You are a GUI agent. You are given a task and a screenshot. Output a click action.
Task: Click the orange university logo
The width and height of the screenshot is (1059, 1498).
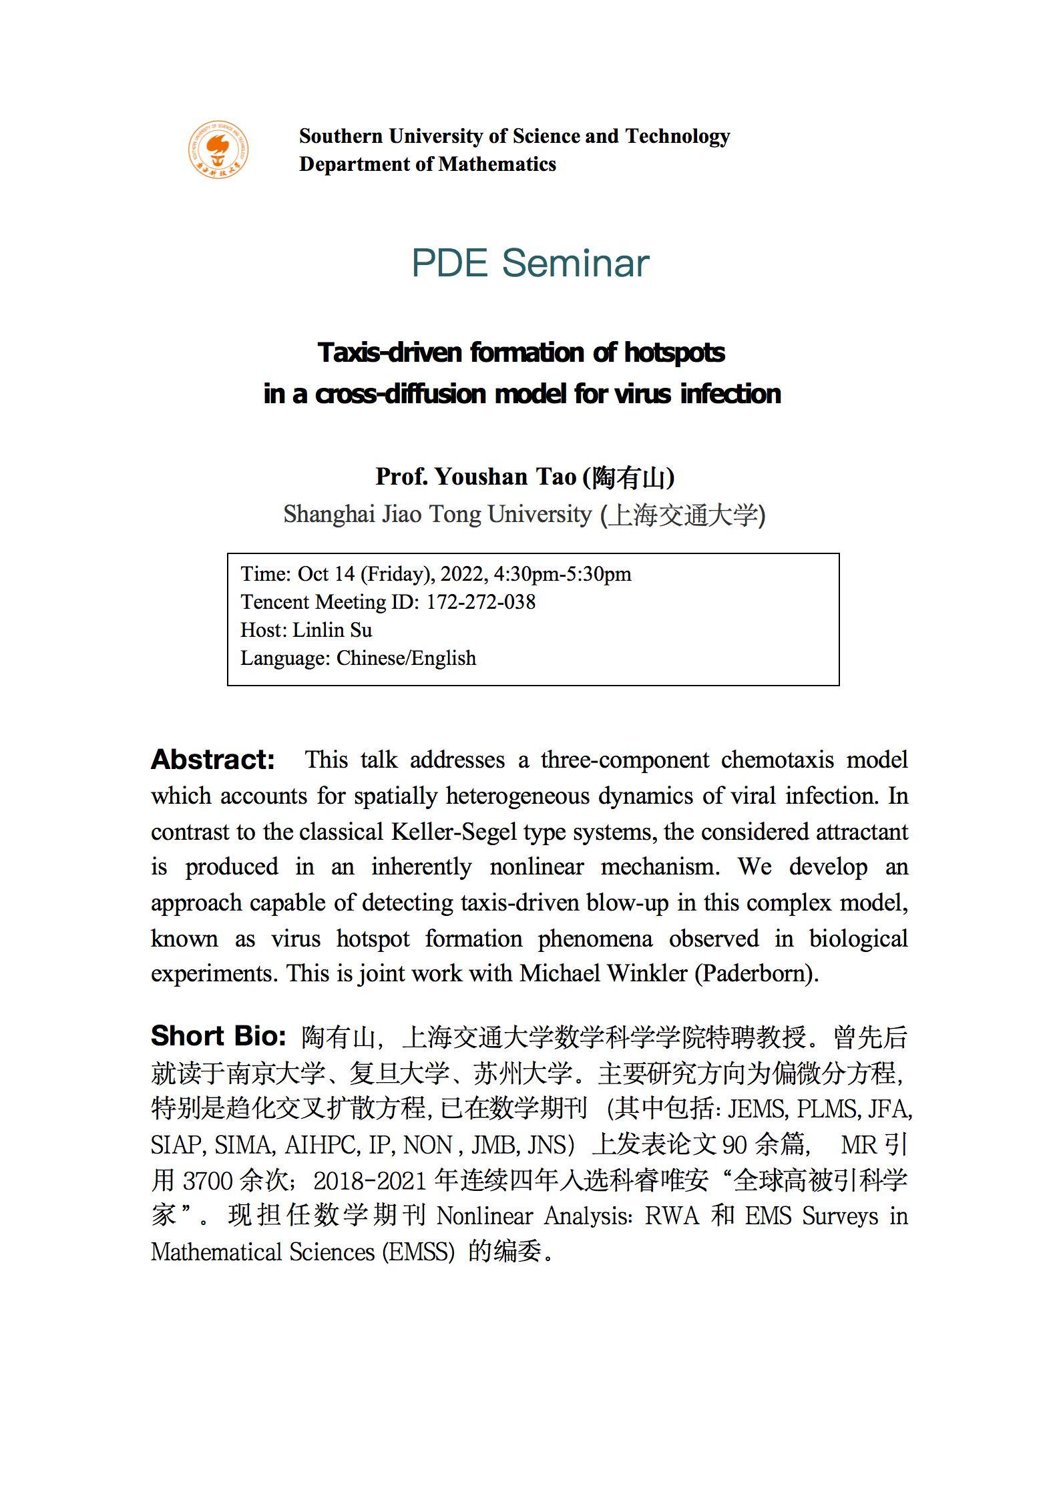(218, 150)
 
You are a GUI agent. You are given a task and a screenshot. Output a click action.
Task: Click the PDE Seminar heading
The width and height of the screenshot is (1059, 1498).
(530, 262)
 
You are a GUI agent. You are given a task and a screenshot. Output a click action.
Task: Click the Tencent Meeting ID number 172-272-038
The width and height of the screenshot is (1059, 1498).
(481, 601)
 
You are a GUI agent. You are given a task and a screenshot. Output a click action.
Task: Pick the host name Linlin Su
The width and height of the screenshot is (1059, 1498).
(333, 630)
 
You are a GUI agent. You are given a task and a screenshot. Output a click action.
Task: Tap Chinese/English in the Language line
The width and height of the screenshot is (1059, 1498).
(406, 658)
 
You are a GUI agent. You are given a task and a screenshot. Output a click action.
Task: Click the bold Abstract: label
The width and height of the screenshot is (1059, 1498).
(213, 760)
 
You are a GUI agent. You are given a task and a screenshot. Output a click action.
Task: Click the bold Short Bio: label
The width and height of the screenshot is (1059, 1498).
(218, 1035)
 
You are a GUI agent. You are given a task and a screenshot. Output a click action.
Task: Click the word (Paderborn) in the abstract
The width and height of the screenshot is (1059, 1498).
(757, 973)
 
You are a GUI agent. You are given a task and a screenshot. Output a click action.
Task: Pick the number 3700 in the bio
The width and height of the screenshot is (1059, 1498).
(207, 1180)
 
